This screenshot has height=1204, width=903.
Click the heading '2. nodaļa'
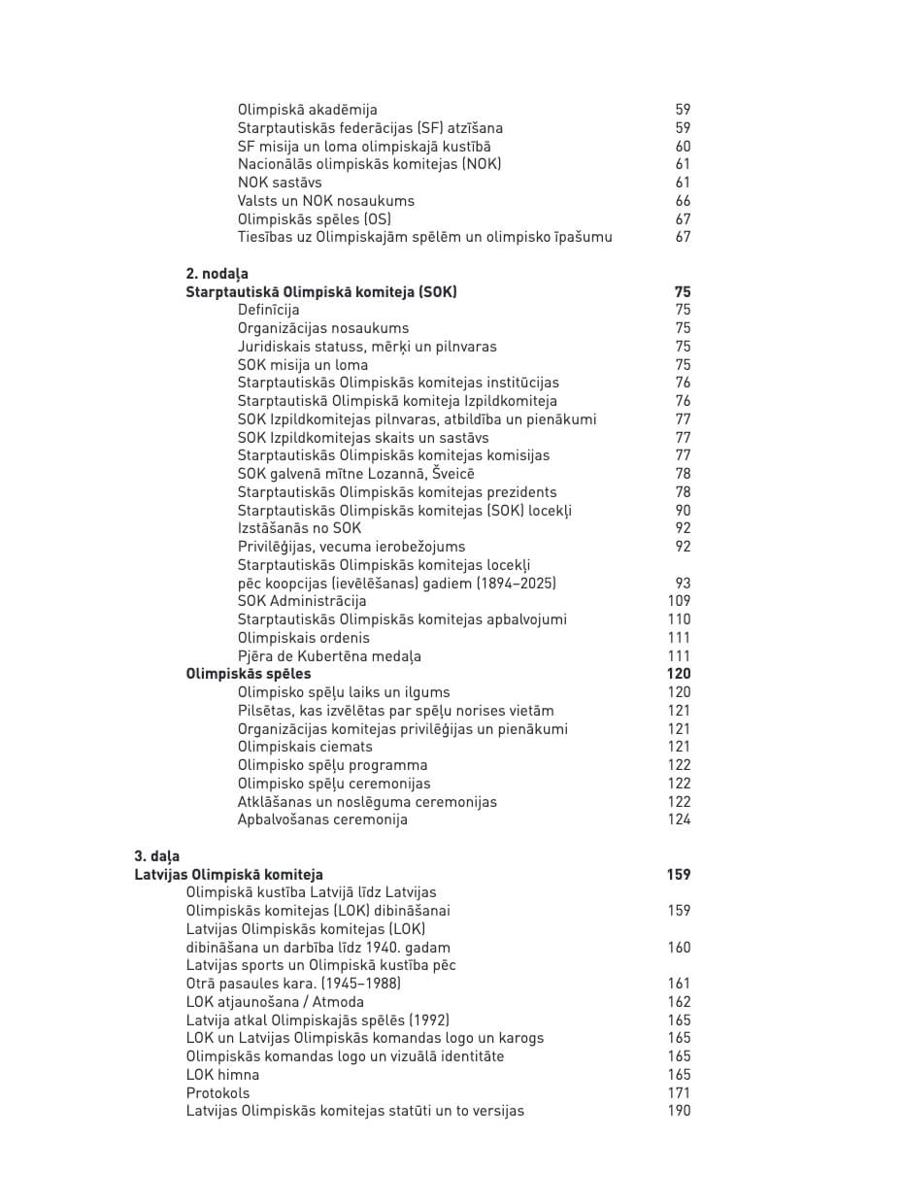pos(217,274)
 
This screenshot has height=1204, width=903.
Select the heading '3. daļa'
pos(156,856)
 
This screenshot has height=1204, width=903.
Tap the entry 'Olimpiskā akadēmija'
pos(308,110)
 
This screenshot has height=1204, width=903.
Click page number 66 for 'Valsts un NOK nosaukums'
pos(683,201)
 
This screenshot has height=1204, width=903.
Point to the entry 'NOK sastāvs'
pos(280,183)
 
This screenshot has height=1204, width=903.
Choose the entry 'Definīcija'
pos(269,310)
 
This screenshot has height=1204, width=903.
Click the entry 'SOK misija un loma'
pos(303,365)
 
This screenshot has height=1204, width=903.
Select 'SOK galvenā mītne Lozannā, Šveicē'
pos(356,474)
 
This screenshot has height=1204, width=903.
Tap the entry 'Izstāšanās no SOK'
pos(299,528)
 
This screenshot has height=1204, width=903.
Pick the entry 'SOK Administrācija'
pos(302,601)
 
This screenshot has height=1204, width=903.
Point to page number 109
pos(680,601)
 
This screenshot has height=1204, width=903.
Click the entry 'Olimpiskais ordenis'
pos(304,638)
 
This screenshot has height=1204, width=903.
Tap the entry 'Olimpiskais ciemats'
pos(305,747)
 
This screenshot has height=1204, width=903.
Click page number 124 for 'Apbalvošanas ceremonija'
pos(680,819)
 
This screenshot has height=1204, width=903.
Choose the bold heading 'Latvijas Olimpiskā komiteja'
pos(229,875)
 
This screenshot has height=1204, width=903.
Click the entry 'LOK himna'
pos(222,1075)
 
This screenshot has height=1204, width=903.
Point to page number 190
pos(680,1111)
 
